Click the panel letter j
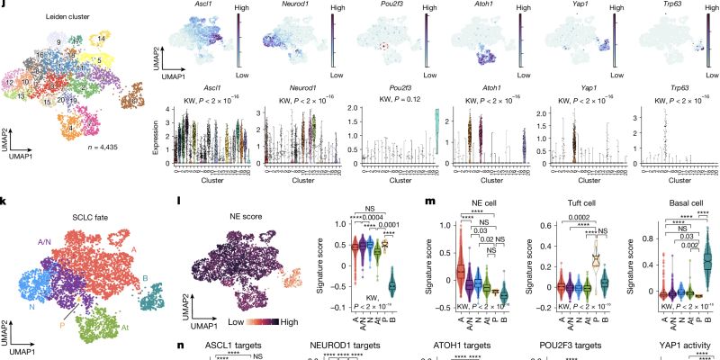coord(5,6)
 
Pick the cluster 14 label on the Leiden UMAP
coord(102,39)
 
